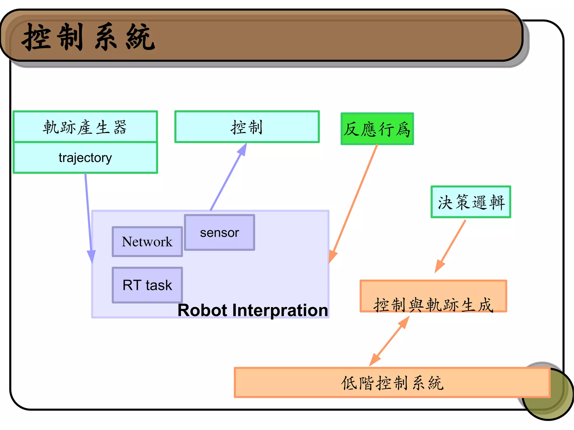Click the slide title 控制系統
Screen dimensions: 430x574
pos(88,37)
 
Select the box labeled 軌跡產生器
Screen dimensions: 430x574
pos(85,127)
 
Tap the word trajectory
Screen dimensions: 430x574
pos(85,158)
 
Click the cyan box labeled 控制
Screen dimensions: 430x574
pos(247,127)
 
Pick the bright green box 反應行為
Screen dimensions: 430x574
pos(377,129)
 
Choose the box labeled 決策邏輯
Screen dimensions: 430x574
pos(471,202)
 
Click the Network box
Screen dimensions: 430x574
pos(147,242)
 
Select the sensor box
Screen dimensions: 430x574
pos(219,233)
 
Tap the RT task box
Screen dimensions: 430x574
pos(147,285)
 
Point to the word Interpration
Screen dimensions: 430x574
pos(280,310)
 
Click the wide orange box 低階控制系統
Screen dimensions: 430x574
pos(392,383)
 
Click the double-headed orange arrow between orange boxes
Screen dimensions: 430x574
pos(390,341)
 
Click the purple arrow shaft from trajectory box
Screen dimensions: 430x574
pos(88,210)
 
